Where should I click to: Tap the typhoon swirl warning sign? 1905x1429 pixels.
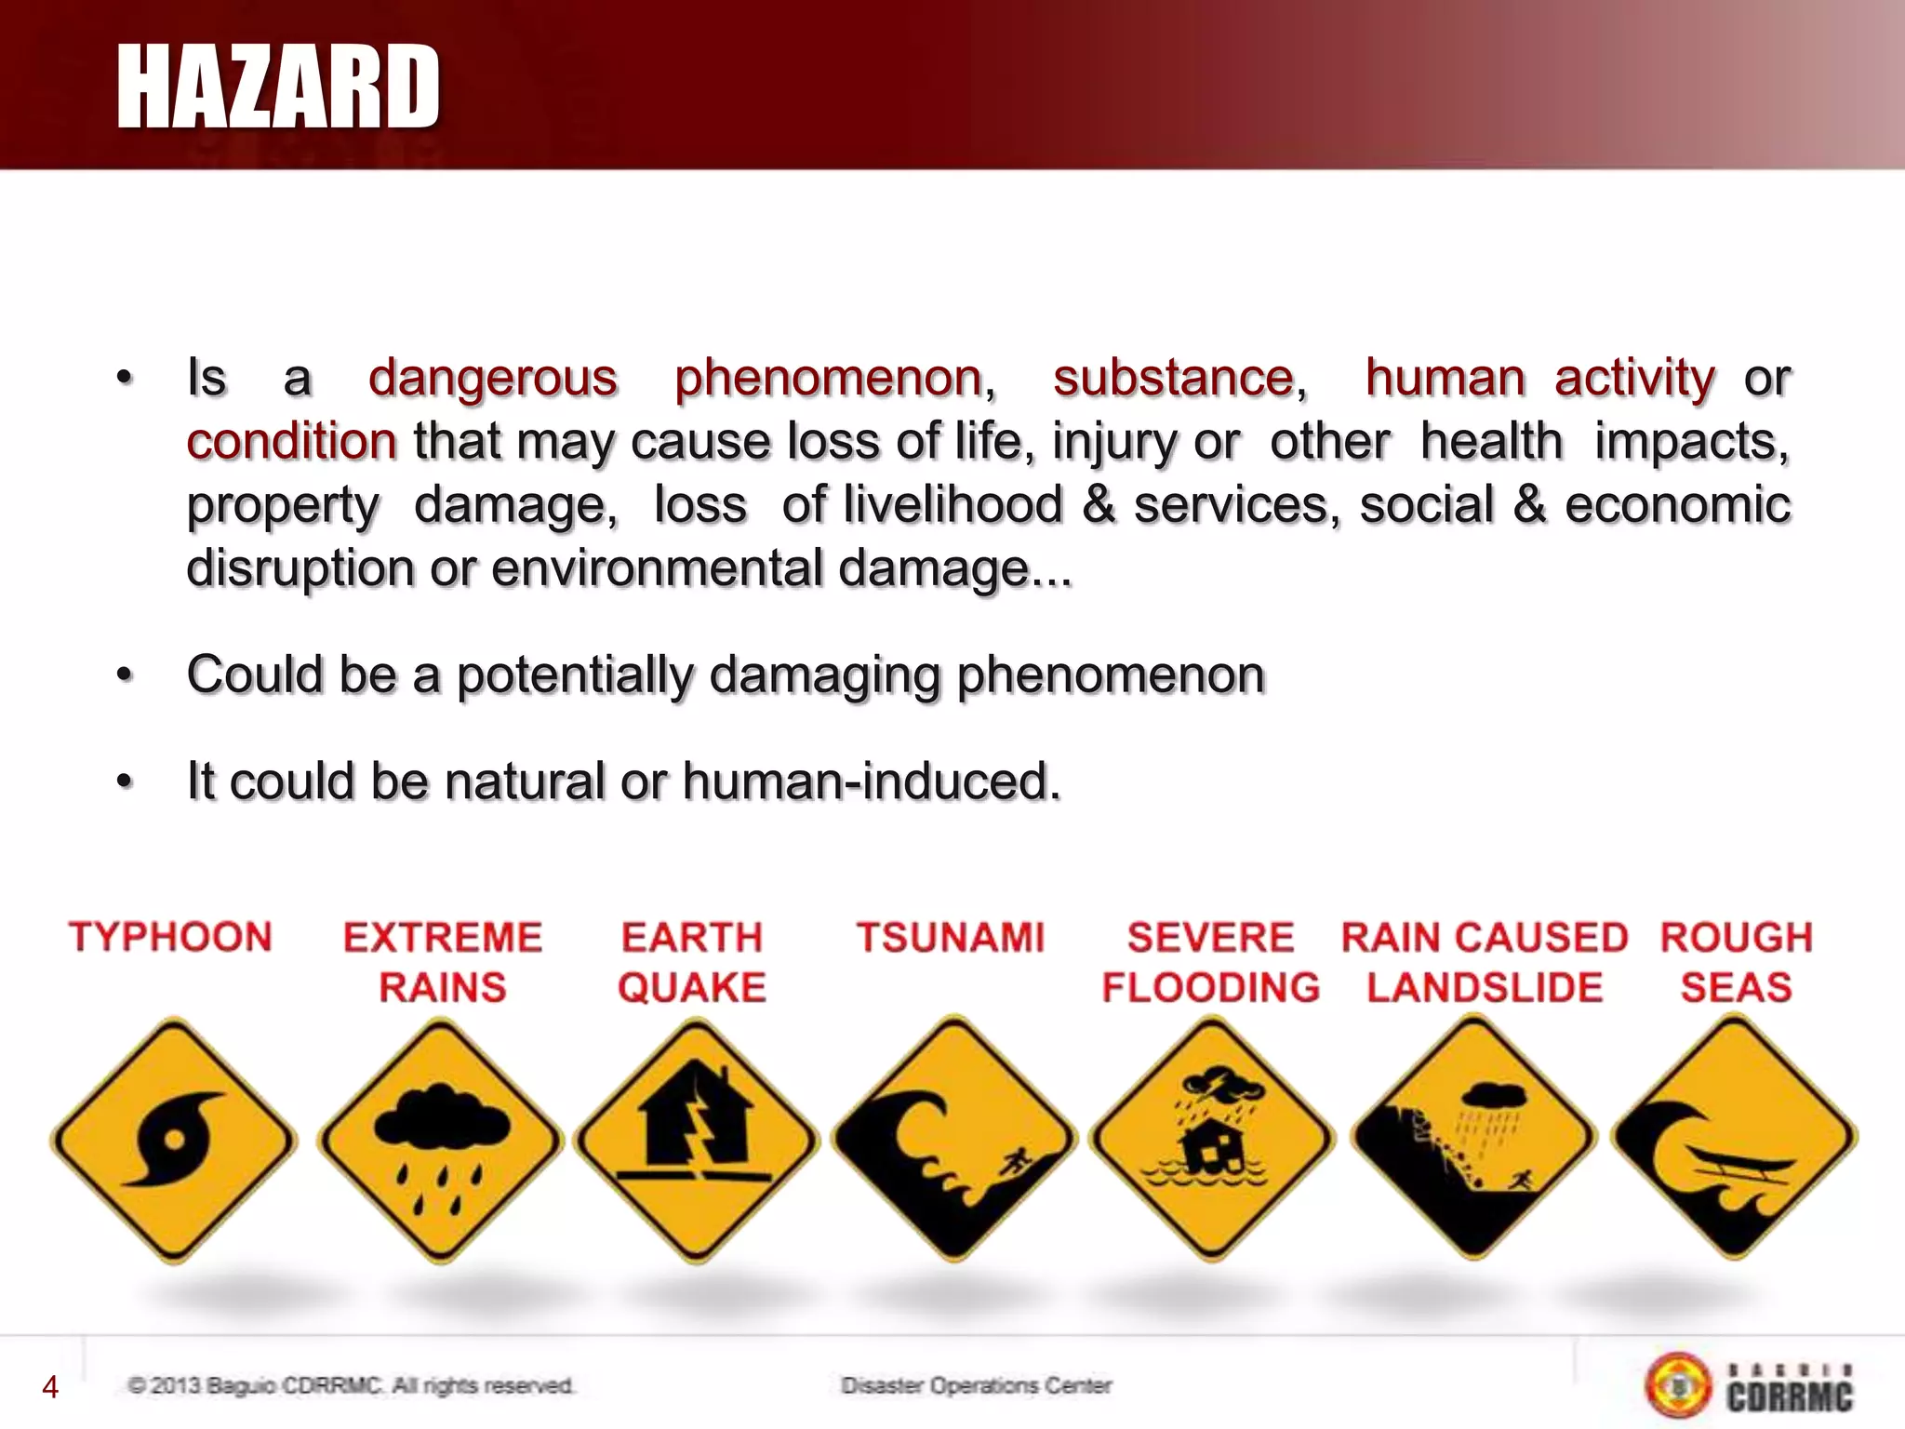(174, 1140)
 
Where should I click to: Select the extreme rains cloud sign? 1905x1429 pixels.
(441, 1140)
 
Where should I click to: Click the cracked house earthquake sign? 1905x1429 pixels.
(697, 1140)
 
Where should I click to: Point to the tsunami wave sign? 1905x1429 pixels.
(953, 1138)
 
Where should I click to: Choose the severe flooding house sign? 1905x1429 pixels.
(1211, 1138)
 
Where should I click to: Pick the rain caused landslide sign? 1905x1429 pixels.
(1472, 1137)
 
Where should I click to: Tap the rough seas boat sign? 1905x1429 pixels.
(1734, 1136)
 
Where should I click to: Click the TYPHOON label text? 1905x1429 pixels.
(170, 937)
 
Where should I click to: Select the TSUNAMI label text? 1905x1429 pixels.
(951, 937)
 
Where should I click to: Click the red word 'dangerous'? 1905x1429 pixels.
(493, 379)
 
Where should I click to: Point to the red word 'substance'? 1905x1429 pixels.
(1174, 379)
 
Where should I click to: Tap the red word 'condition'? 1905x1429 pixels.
(291, 441)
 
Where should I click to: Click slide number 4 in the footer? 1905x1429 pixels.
(50, 1387)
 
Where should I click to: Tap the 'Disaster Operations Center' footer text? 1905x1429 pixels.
(977, 1386)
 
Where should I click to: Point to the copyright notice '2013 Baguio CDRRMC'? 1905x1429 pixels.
(351, 1386)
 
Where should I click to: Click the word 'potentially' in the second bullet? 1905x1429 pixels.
(575, 674)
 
